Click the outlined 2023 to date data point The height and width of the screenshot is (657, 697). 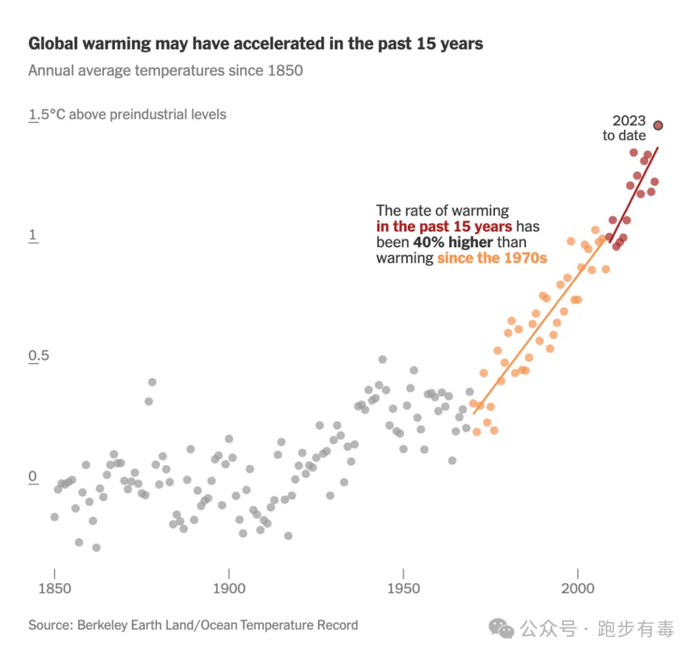click(x=658, y=125)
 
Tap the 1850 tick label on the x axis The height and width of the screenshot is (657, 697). click(x=55, y=589)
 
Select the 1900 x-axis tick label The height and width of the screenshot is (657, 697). click(x=229, y=589)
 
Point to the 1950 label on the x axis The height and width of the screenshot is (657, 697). click(x=403, y=589)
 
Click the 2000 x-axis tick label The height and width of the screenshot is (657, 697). click(x=578, y=589)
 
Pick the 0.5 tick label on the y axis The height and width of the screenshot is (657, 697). click(x=39, y=356)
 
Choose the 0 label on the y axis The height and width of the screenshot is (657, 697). click(x=32, y=476)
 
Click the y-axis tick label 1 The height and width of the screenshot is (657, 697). click(x=32, y=235)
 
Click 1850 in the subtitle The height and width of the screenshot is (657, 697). click(x=285, y=70)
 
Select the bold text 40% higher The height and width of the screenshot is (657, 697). click(x=453, y=242)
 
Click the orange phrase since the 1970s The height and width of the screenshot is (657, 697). click(x=492, y=258)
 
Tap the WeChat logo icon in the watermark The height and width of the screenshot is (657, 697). click(x=501, y=629)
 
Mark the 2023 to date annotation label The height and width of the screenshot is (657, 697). click(x=625, y=128)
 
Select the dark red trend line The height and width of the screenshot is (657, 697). click(x=634, y=195)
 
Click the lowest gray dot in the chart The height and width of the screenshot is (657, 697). click(x=96, y=548)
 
